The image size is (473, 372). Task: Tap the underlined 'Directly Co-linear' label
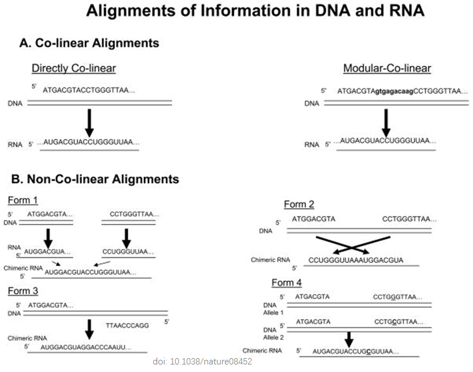point(73,68)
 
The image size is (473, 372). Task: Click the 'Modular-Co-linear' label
point(387,68)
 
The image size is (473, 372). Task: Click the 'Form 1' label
point(22,200)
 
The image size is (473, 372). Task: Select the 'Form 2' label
point(299,204)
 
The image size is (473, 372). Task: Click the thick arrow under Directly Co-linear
point(88,123)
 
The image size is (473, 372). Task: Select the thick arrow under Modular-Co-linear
point(386,123)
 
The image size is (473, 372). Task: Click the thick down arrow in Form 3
point(89,329)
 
